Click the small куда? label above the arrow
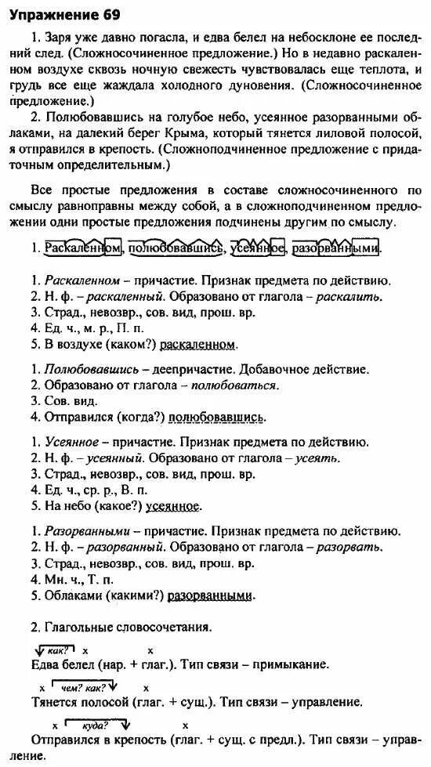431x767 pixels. click(116, 725)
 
